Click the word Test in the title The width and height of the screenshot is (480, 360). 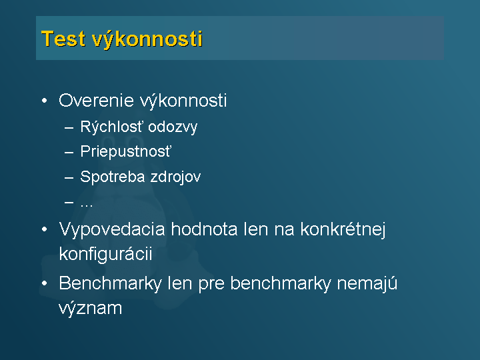click(x=63, y=39)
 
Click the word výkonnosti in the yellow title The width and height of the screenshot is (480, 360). click(x=147, y=39)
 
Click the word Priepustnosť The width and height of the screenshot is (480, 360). click(x=126, y=151)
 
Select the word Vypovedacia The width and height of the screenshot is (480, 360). click(x=112, y=229)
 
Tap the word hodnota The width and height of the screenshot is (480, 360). click(x=204, y=229)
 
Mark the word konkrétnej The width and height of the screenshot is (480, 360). click(x=343, y=229)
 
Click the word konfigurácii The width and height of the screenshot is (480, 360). click(x=105, y=255)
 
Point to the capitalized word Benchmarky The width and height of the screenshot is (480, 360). click(x=110, y=284)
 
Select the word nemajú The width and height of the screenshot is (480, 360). click(x=367, y=284)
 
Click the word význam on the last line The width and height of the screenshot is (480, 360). click(x=90, y=309)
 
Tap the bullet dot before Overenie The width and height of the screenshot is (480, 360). click(x=45, y=101)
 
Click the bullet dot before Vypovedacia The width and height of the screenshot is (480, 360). click(x=45, y=229)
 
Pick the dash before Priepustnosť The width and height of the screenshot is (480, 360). click(x=69, y=152)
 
